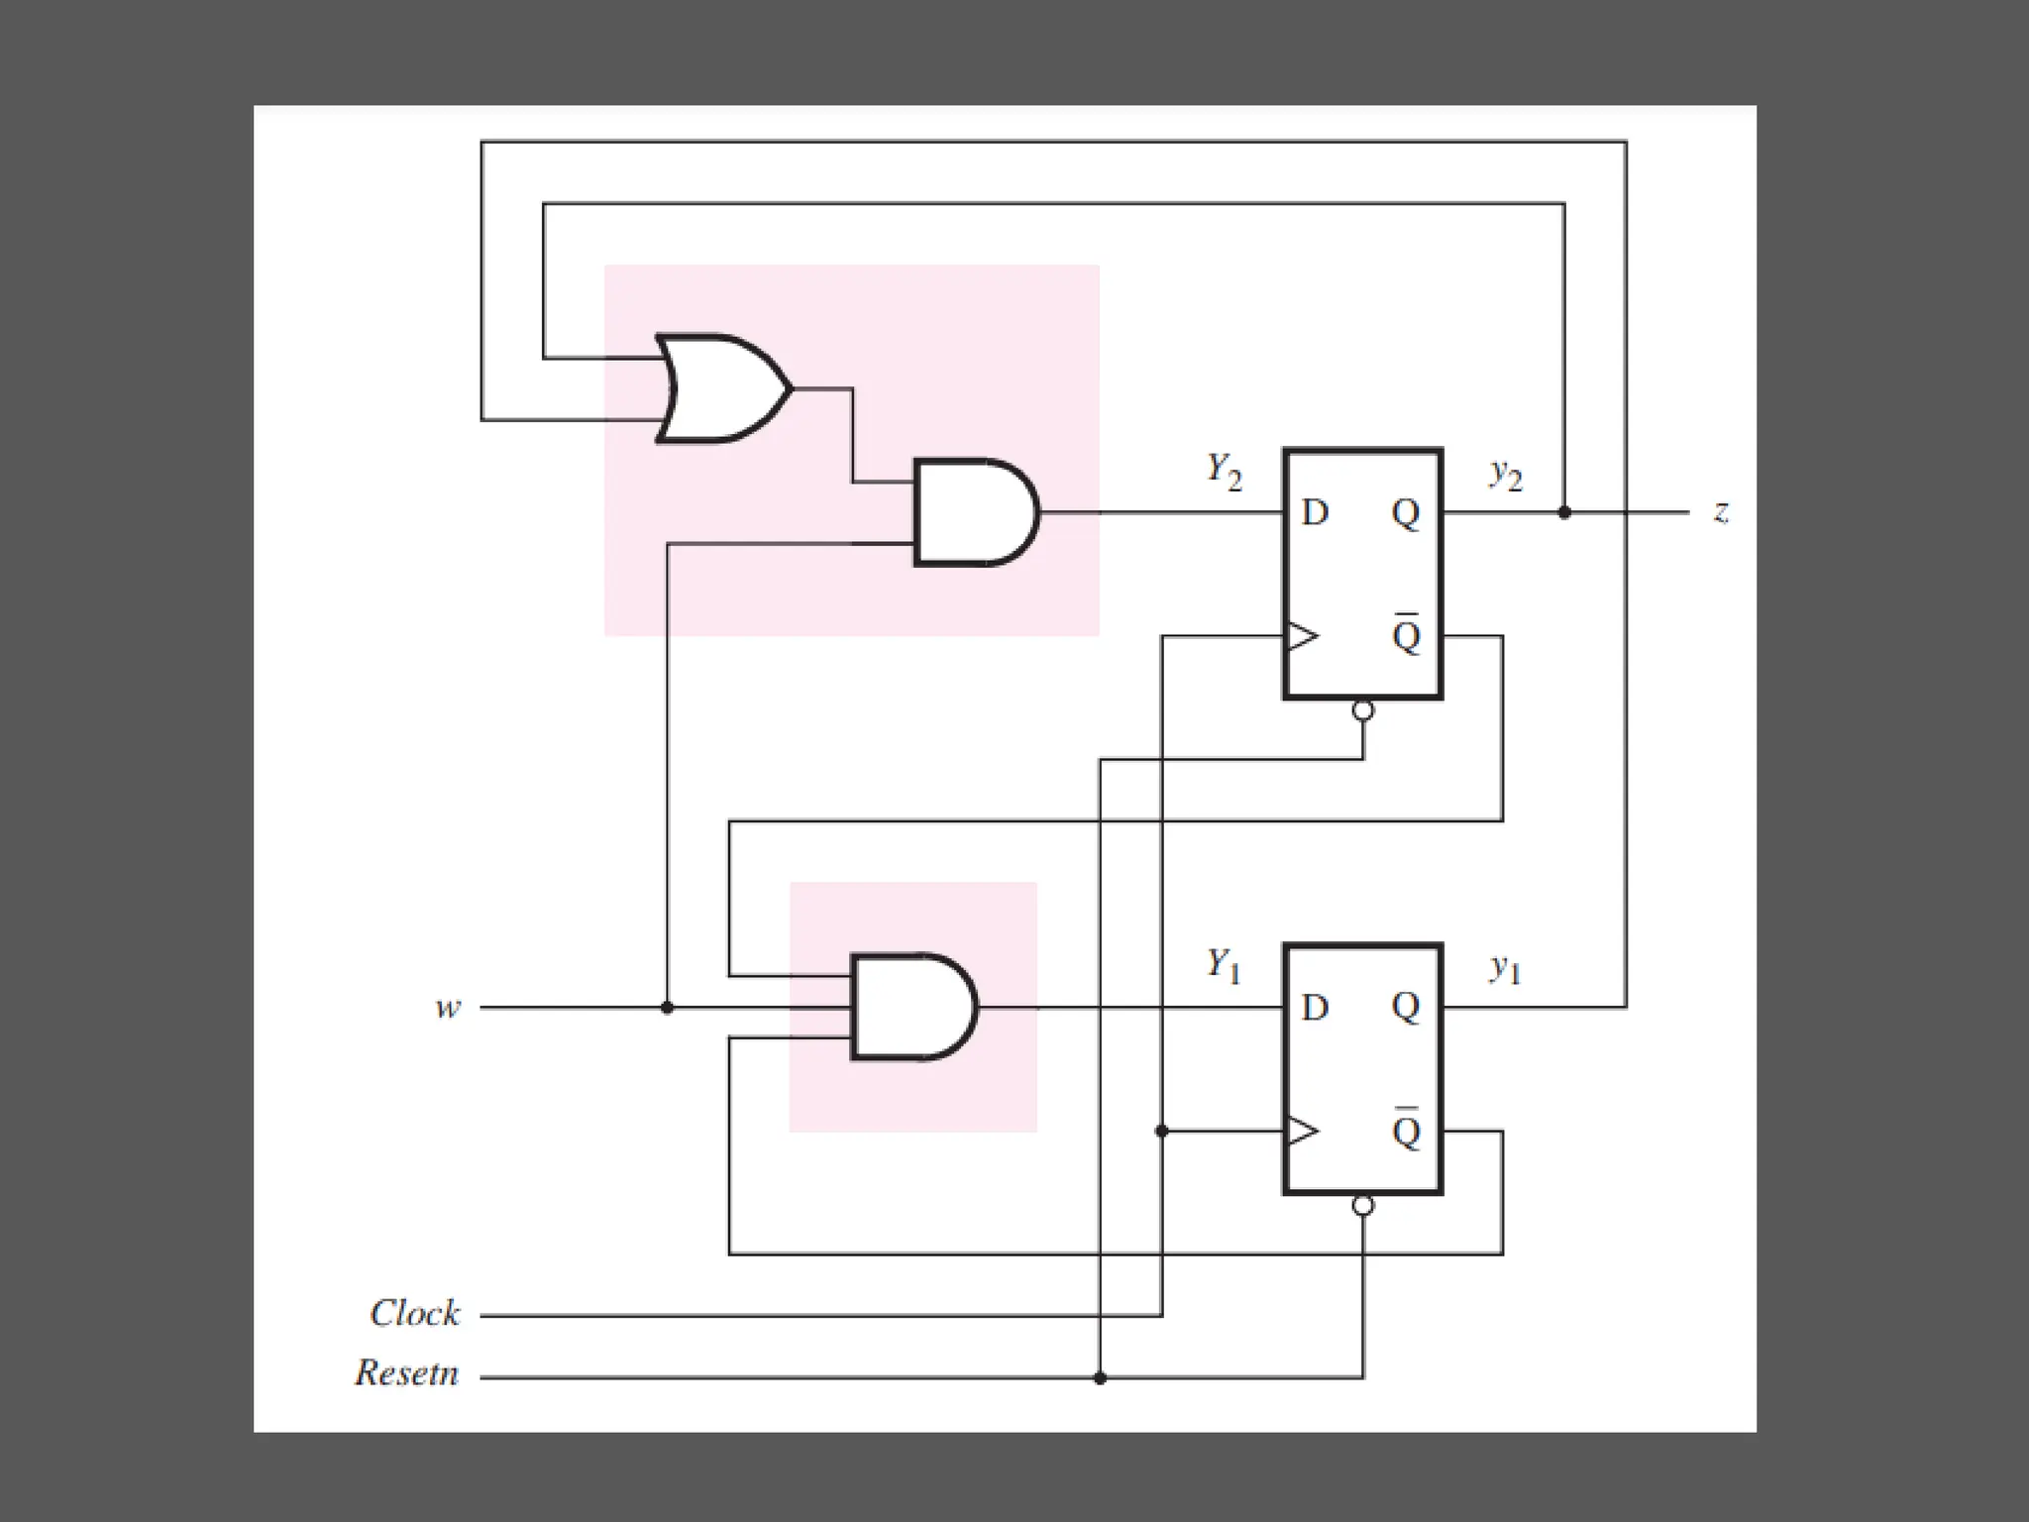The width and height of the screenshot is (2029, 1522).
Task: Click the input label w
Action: (x=448, y=1009)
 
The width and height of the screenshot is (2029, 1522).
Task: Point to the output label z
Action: (x=1722, y=512)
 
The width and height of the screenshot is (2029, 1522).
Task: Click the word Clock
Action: (x=414, y=1314)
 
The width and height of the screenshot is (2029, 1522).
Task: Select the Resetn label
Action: (x=407, y=1373)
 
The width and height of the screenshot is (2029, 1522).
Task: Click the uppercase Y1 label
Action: (x=1223, y=964)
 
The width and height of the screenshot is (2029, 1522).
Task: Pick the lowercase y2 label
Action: (x=1506, y=475)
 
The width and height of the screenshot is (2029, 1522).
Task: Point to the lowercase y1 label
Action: (x=1505, y=968)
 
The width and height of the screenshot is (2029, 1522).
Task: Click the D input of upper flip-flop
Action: (x=1314, y=513)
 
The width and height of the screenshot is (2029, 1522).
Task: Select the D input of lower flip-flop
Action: (x=1314, y=1008)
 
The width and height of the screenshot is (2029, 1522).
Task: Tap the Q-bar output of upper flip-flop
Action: (x=1406, y=634)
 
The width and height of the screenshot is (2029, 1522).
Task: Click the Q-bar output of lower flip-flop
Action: (x=1406, y=1130)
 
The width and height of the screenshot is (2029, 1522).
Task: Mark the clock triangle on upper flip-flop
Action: (x=1301, y=635)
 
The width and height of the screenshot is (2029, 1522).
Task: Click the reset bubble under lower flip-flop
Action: (x=1363, y=1206)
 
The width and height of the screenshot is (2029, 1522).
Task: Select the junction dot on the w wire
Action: (x=667, y=1008)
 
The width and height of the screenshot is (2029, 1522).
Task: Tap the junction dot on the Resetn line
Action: (x=1100, y=1378)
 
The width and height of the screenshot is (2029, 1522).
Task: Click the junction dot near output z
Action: (x=1564, y=512)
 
